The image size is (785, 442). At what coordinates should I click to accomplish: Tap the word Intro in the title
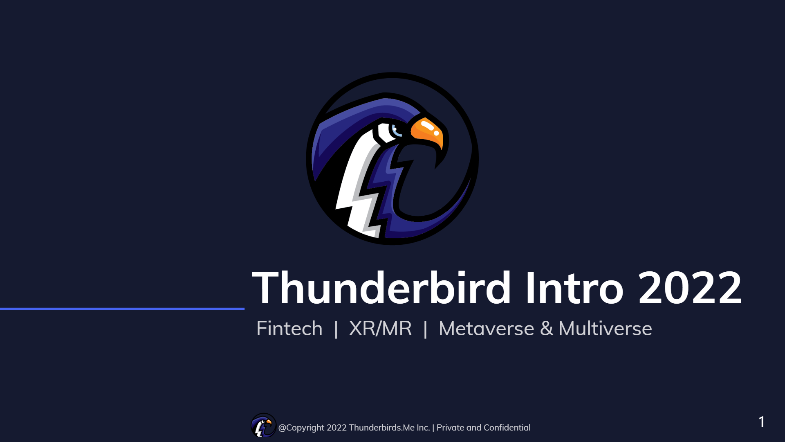point(574,288)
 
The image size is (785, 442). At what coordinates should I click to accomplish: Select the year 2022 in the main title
point(690,289)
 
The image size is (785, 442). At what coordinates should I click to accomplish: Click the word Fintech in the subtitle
point(289,329)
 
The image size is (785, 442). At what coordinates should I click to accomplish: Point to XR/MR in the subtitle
point(380,329)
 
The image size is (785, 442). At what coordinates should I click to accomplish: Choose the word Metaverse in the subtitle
point(486,329)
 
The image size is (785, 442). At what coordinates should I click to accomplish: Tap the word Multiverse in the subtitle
point(605,329)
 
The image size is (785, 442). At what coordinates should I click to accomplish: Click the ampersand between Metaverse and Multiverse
point(546,329)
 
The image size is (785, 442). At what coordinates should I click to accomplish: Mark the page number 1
point(761,422)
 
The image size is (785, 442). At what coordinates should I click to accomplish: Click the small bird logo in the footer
point(263,426)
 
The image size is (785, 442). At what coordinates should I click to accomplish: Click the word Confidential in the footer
point(507,428)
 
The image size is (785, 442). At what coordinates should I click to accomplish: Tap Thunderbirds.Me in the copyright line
point(381,428)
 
